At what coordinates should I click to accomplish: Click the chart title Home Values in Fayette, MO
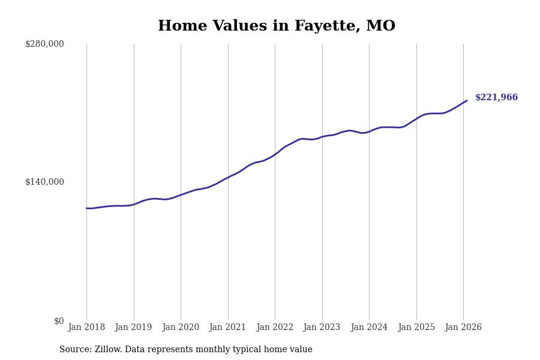coord(277,26)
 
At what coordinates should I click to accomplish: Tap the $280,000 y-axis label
coord(44,44)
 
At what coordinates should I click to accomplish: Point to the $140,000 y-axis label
coord(44,182)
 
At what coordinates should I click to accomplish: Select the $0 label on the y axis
coord(59,321)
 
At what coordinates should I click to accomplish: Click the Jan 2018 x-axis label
coord(86,328)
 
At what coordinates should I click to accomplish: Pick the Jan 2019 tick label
coord(134,328)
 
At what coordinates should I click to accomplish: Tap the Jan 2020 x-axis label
coord(181,328)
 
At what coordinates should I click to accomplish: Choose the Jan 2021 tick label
coord(228,328)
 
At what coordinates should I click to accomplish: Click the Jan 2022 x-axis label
coord(275,328)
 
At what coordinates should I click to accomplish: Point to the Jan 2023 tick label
coord(322,328)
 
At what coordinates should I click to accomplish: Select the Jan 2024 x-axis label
coord(369,328)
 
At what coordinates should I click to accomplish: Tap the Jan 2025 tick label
coord(416,328)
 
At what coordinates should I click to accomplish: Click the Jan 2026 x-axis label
coord(463,328)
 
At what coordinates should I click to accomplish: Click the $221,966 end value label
coord(496,98)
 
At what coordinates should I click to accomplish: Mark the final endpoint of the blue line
coord(467,101)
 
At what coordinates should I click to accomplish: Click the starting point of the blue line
coord(86,208)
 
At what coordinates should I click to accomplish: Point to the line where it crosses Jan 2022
coord(275,154)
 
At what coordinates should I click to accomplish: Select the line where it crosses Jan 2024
coord(369,131)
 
